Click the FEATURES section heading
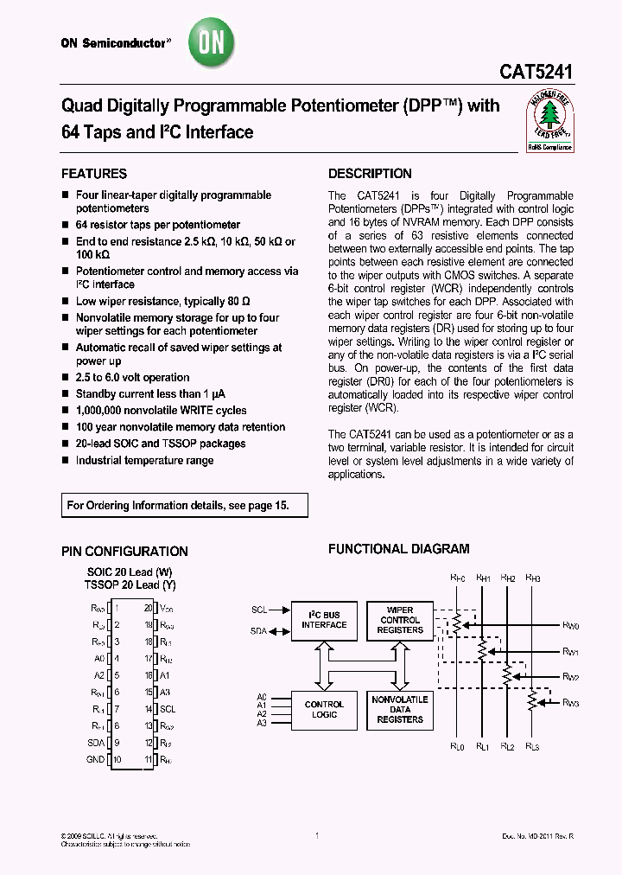coord(94,174)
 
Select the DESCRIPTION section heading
coord(370,174)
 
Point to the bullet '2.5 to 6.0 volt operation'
coord(132,378)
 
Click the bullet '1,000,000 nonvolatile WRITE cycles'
coord(161,411)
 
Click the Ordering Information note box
coord(184,505)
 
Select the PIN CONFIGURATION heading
coord(124,552)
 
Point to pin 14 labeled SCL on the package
coord(166,710)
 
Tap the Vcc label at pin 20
coord(167,609)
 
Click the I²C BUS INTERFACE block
coord(324,620)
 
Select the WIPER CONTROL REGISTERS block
coord(400,620)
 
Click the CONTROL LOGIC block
coord(324,709)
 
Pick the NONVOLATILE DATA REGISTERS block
coord(400,709)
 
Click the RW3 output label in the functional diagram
coord(570,703)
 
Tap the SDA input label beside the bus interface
coord(259,631)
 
